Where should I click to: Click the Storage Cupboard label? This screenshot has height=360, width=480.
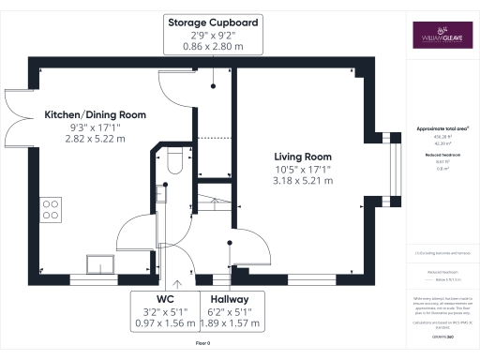[x=214, y=22]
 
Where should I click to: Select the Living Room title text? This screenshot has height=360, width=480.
[x=303, y=157]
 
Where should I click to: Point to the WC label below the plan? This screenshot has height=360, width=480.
[x=165, y=299]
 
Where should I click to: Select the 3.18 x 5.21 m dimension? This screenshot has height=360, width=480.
[x=303, y=181]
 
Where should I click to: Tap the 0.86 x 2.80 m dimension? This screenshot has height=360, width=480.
[x=214, y=45]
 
